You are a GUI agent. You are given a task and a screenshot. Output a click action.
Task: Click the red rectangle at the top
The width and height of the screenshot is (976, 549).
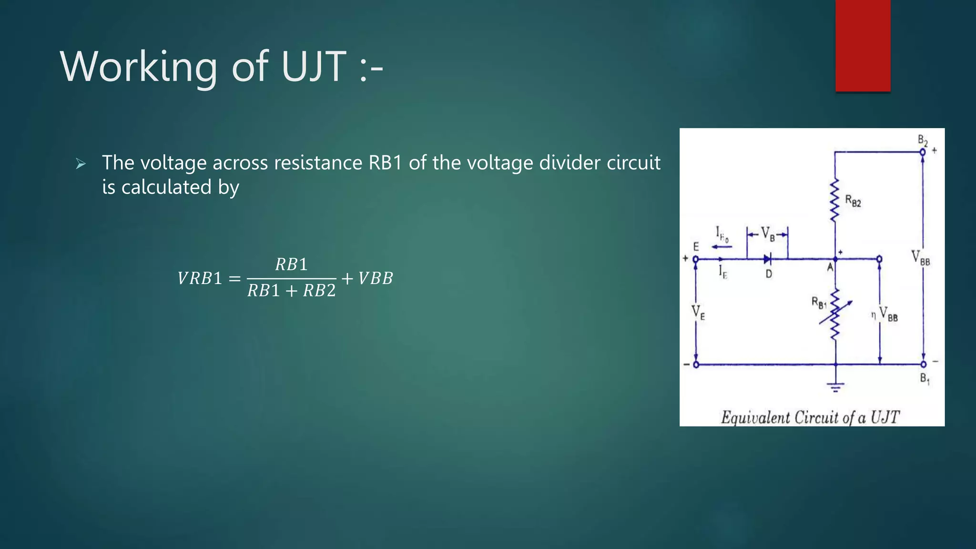pos(863,46)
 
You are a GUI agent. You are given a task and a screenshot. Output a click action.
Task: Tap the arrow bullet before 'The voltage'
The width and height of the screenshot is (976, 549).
pos(81,164)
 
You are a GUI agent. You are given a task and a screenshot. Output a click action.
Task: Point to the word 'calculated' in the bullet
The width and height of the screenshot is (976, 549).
pos(166,187)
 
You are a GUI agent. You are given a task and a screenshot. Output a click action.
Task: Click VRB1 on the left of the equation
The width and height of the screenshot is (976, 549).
pos(200,278)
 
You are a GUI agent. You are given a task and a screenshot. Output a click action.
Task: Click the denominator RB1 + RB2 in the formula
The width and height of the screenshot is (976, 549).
pos(291,290)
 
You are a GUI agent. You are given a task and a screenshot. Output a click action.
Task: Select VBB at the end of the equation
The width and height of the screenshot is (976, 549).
pos(376,278)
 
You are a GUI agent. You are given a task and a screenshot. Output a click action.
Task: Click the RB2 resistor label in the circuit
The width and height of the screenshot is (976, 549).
pos(853,201)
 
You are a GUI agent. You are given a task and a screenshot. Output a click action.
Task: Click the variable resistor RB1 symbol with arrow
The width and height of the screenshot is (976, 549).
pos(835,315)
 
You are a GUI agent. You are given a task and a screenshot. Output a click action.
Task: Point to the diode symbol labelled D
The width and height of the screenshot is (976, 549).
pos(767,259)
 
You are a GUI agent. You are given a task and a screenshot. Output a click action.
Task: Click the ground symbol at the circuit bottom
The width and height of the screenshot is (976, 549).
pos(835,386)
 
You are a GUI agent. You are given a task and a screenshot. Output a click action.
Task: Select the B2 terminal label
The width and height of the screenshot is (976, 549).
pos(923,141)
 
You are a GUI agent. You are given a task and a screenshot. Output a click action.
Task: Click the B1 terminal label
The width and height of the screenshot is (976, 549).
pos(925,379)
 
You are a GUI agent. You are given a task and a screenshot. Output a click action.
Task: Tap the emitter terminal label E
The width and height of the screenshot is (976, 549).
pos(696,247)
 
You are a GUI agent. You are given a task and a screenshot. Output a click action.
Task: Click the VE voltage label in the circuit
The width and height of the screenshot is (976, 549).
pos(698,313)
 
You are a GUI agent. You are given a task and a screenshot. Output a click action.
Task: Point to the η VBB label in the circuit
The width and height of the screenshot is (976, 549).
pos(885,314)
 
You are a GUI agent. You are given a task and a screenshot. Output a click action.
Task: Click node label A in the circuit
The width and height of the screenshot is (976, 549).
pos(830,268)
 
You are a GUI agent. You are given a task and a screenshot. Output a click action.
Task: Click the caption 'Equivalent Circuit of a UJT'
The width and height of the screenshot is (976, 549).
pos(810,417)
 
